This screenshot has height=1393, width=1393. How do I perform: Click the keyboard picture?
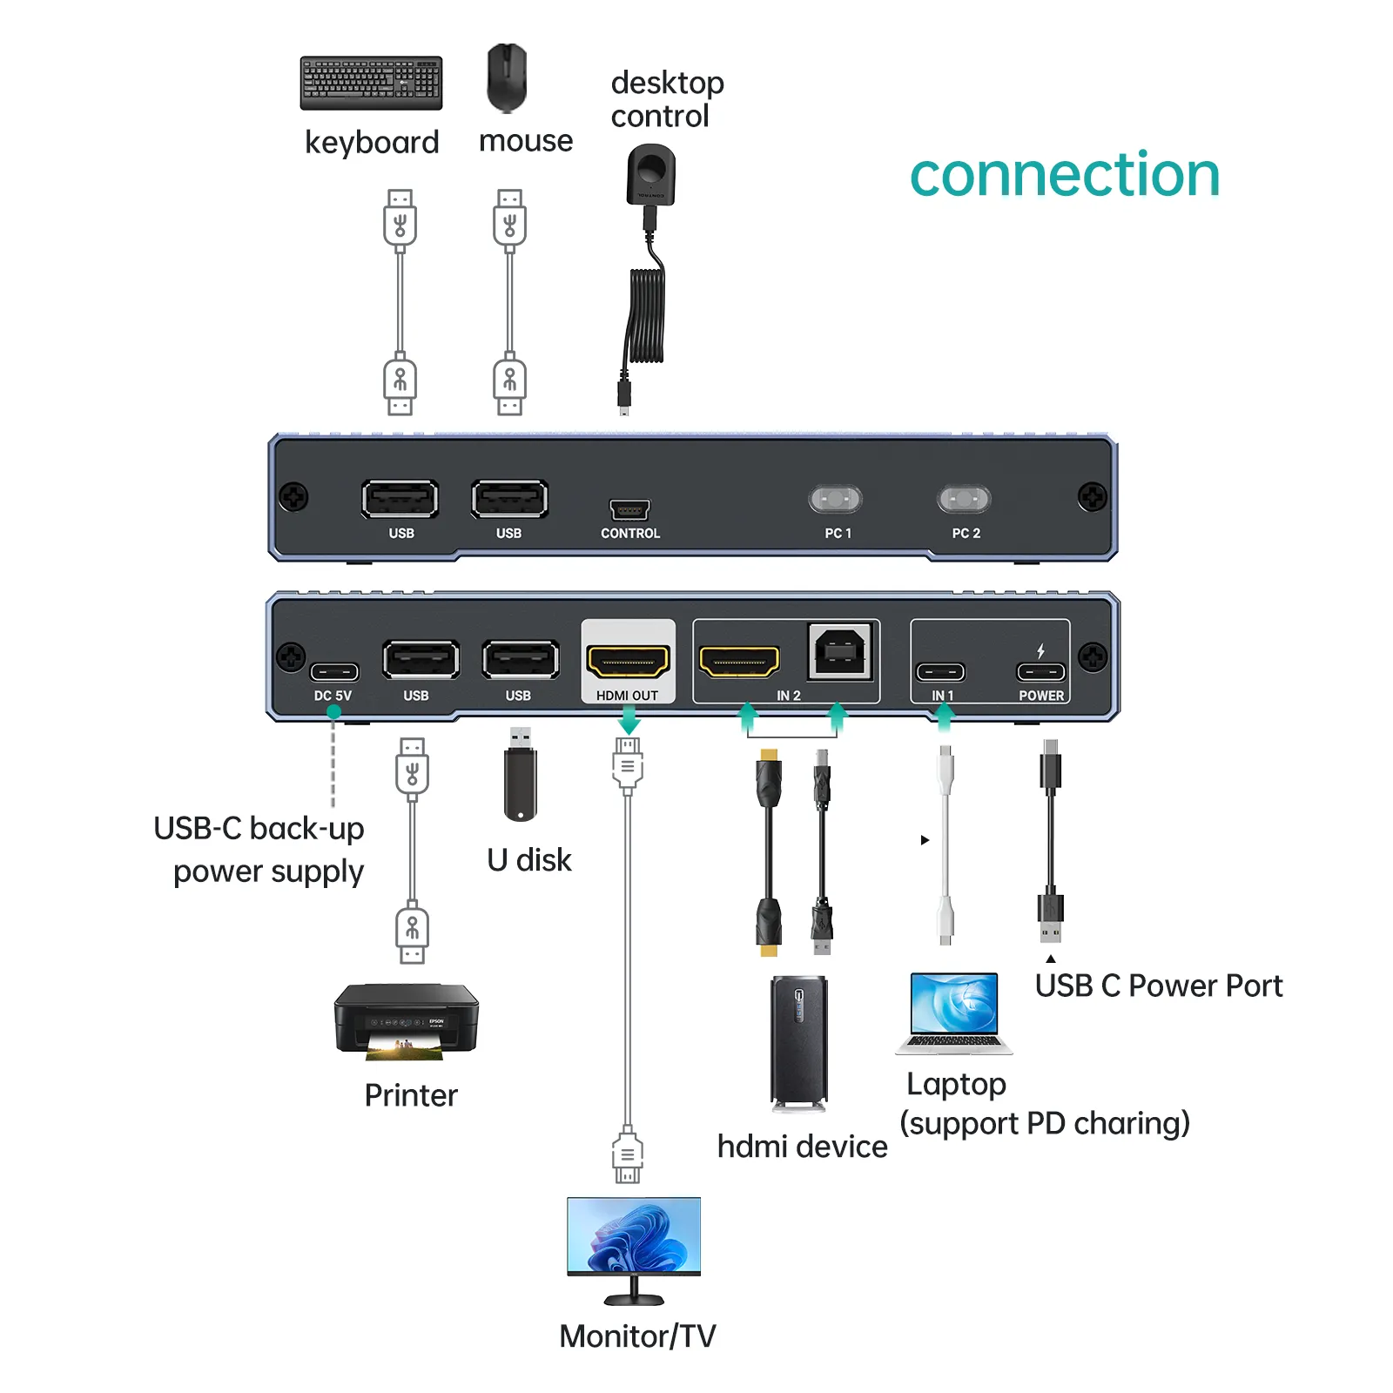pos(371,83)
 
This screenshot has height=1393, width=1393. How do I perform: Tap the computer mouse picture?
pos(507,78)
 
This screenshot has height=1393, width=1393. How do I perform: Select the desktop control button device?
pos(650,175)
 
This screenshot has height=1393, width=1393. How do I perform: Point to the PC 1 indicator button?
pos(836,499)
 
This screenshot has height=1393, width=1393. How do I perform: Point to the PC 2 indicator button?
pos(964,499)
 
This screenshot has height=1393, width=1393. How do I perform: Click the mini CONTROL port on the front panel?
pos(629,509)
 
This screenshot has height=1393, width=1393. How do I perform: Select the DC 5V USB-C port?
pos(334,672)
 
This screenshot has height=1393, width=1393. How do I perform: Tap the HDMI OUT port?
pos(628,662)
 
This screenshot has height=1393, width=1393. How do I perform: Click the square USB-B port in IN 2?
pos(839,651)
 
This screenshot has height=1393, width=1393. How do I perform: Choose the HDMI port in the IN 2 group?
pos(739,662)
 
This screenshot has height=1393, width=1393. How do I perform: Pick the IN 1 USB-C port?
pos(940,672)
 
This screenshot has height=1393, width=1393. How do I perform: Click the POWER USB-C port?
pos(1040,672)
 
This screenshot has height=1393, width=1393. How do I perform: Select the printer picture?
pos(407,1020)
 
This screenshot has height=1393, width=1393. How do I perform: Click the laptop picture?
pos(954,1013)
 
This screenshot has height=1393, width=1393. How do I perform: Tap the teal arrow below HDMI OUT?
pos(629,720)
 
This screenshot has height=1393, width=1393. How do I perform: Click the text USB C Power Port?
pos(1158,986)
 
